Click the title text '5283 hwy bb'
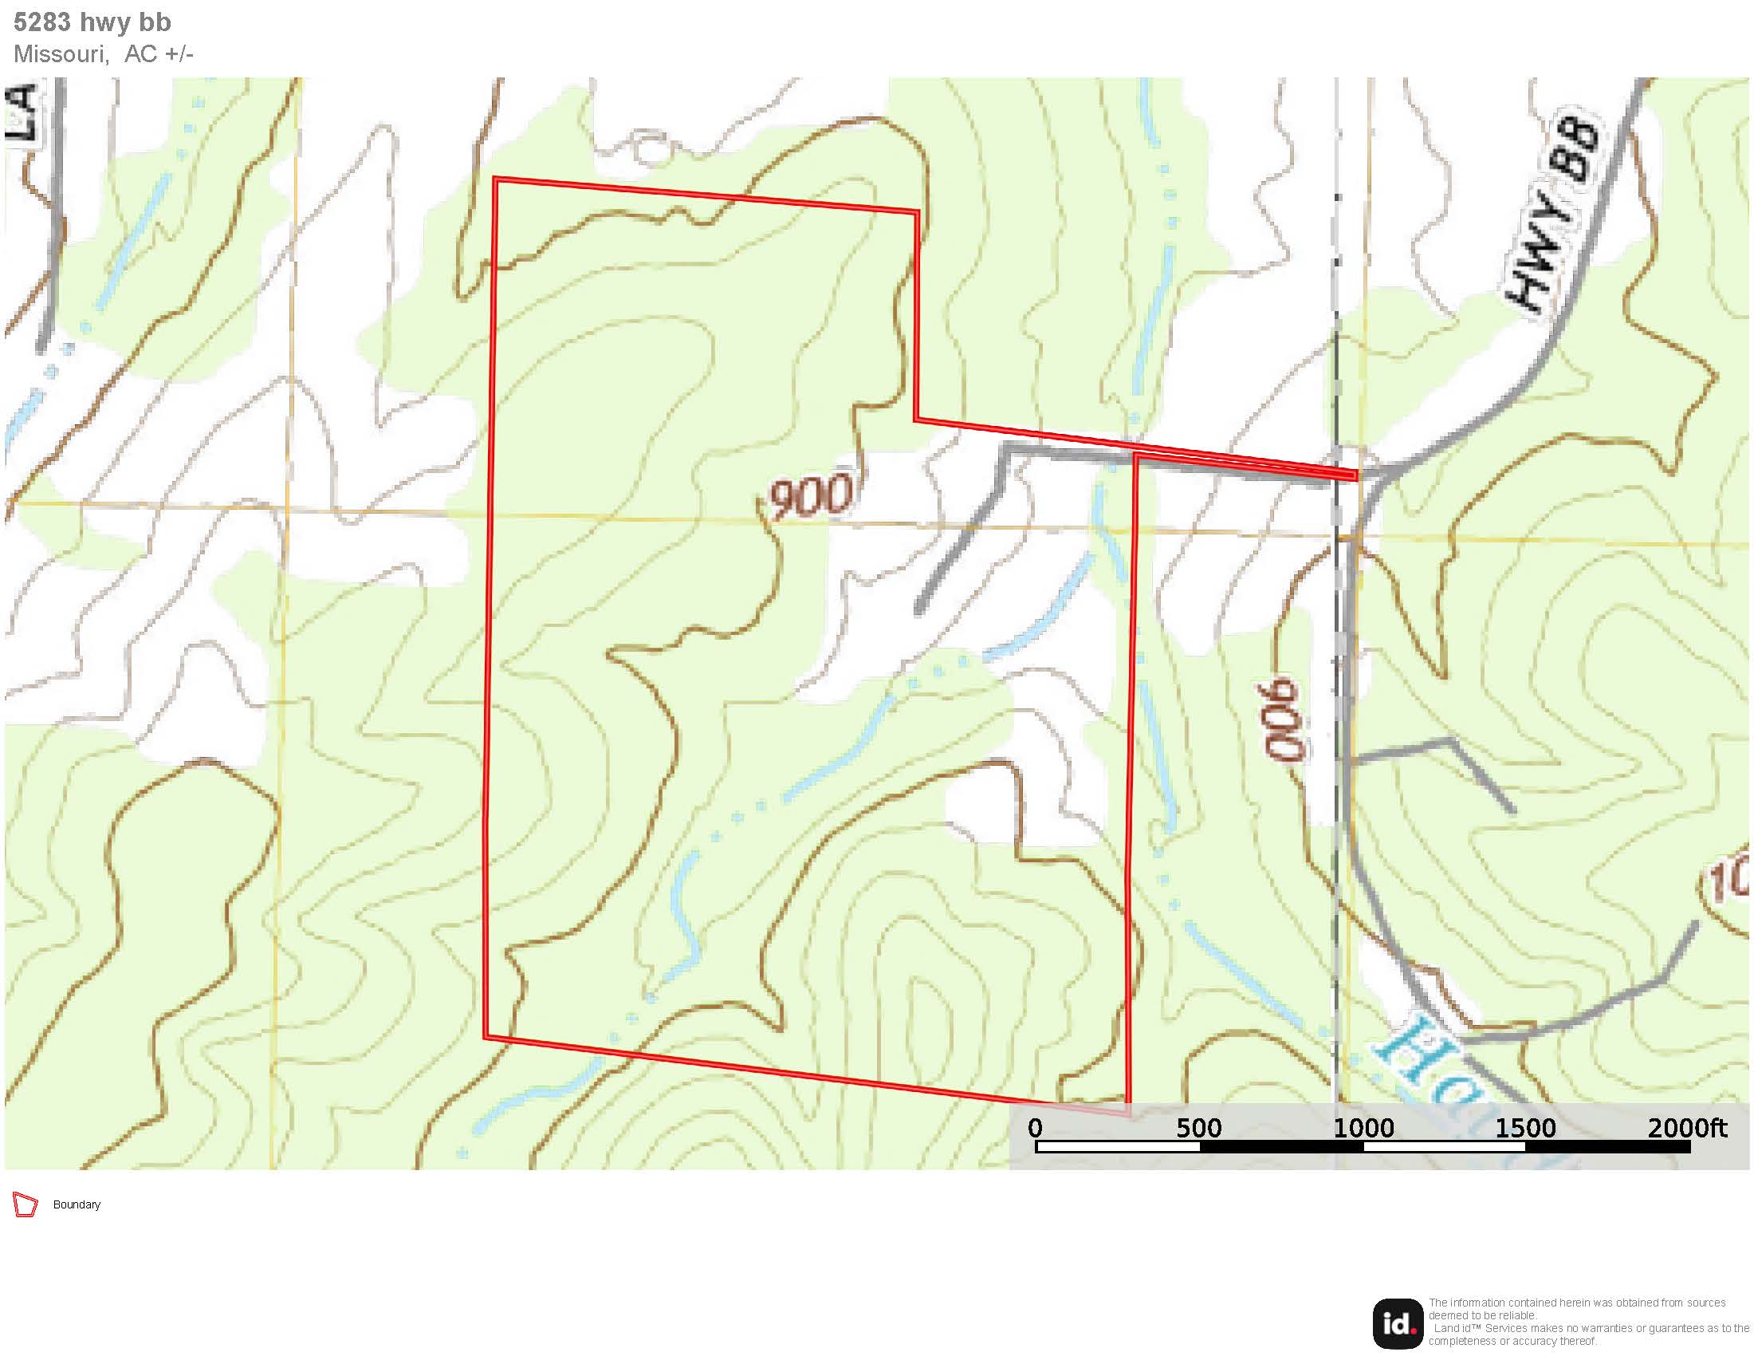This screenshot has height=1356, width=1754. [x=92, y=22]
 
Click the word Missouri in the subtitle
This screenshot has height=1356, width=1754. [x=61, y=53]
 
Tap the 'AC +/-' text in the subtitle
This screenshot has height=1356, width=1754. [x=158, y=53]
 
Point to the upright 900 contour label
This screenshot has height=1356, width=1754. [x=809, y=495]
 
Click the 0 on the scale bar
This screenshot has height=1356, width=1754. [x=1035, y=1128]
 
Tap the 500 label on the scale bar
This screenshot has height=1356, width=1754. [x=1198, y=1128]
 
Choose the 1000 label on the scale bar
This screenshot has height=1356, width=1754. [x=1363, y=1128]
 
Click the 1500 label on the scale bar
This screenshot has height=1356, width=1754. [x=1525, y=1128]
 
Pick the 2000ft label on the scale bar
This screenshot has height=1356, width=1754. [x=1686, y=1128]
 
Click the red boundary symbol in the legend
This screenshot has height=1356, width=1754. [x=26, y=1205]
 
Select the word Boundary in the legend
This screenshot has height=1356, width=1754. [x=77, y=1205]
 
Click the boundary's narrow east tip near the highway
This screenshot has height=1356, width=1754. [x=1354, y=475]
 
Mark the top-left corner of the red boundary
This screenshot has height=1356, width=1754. [x=497, y=180]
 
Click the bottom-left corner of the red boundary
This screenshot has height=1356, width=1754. [x=486, y=1036]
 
